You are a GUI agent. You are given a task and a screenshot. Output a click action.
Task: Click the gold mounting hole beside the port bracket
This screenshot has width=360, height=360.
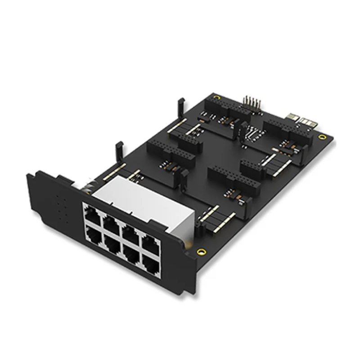point(202,251)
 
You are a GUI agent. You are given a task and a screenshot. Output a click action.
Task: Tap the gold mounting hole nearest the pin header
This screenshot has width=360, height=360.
point(216,97)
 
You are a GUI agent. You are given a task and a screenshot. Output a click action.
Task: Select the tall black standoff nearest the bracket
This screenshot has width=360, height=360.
point(119,152)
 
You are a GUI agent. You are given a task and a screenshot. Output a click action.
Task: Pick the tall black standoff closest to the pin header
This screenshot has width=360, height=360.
point(180,106)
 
